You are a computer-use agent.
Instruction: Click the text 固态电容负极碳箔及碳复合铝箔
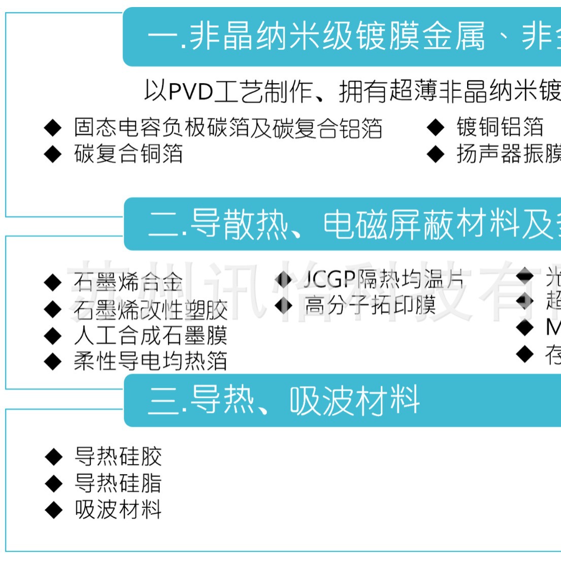(x=228, y=128)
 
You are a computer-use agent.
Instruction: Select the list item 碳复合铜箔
(x=128, y=154)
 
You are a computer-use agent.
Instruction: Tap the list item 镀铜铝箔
(x=500, y=127)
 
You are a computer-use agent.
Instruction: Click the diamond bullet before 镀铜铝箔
(x=436, y=127)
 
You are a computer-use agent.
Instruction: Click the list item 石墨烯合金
(x=128, y=282)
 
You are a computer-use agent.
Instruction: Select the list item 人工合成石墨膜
(x=150, y=336)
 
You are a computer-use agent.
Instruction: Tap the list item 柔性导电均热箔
(x=150, y=361)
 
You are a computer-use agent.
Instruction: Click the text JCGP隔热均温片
(x=384, y=279)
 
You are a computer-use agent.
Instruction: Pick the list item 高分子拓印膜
(x=370, y=305)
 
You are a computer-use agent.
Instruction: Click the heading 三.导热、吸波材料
(x=284, y=401)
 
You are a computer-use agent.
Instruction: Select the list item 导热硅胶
(x=118, y=457)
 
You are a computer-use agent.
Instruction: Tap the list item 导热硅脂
(x=118, y=483)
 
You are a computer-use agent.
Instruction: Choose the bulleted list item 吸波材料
(x=118, y=510)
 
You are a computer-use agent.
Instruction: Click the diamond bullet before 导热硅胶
(x=53, y=457)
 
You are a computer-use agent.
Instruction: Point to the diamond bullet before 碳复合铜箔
(x=53, y=154)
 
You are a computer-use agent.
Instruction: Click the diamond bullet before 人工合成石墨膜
(x=53, y=336)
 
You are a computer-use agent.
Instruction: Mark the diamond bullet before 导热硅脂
(x=53, y=483)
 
